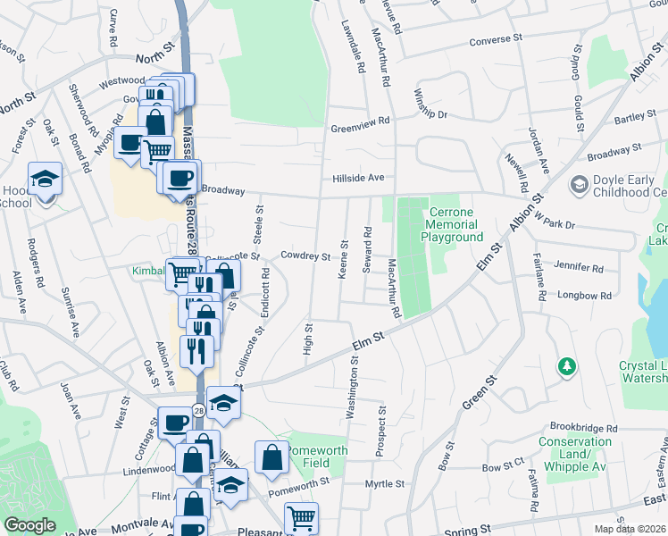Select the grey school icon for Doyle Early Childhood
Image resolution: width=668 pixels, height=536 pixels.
pyautogui.click(x=579, y=184)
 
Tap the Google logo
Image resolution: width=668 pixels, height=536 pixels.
pyautogui.click(x=30, y=524)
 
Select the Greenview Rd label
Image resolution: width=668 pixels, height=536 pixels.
pyautogui.click(x=361, y=121)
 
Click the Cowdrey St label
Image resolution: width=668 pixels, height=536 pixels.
pyautogui.click(x=305, y=255)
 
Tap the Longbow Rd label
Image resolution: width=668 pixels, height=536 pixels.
pyautogui.click(x=584, y=295)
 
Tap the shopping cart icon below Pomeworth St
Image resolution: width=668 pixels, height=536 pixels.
pyautogui.click(x=301, y=517)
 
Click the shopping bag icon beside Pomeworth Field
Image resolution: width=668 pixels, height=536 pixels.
pyautogui.click(x=271, y=457)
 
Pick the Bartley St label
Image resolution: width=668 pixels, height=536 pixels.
pyautogui.click(x=636, y=117)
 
